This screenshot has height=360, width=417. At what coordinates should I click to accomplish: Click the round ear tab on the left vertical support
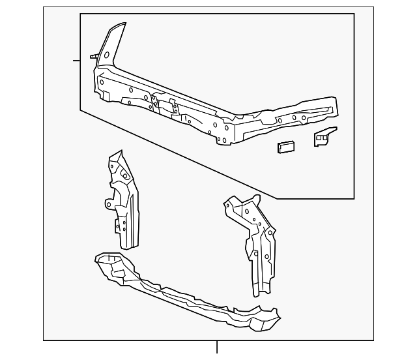108,204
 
